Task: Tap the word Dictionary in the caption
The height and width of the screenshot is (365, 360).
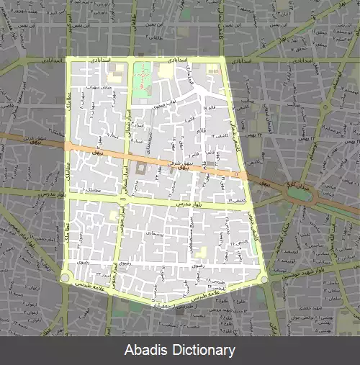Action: click(200, 351)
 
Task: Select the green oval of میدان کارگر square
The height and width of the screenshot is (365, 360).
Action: click(297, 192)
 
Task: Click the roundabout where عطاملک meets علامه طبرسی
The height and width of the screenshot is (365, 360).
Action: click(66, 277)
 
